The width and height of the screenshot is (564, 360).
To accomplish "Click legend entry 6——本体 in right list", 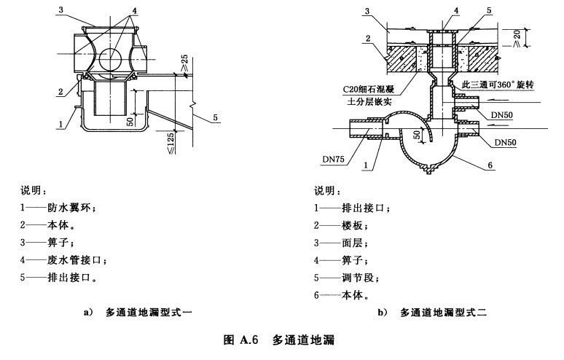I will pyautogui.click(x=341, y=295).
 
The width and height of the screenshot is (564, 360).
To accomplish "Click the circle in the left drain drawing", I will pyautogui.click(x=111, y=59).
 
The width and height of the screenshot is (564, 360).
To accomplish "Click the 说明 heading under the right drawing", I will pyautogui.click(x=326, y=190).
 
